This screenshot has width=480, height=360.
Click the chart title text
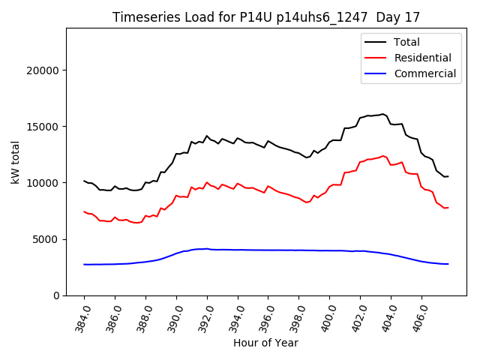[x=266, y=16]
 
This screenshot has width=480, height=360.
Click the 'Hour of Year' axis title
[x=265, y=343]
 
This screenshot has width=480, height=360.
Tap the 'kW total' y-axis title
[x=15, y=161]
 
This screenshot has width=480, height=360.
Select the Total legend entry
[x=406, y=42]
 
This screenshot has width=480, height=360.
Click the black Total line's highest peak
[x=382, y=114]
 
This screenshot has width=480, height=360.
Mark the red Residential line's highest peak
[x=382, y=156]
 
